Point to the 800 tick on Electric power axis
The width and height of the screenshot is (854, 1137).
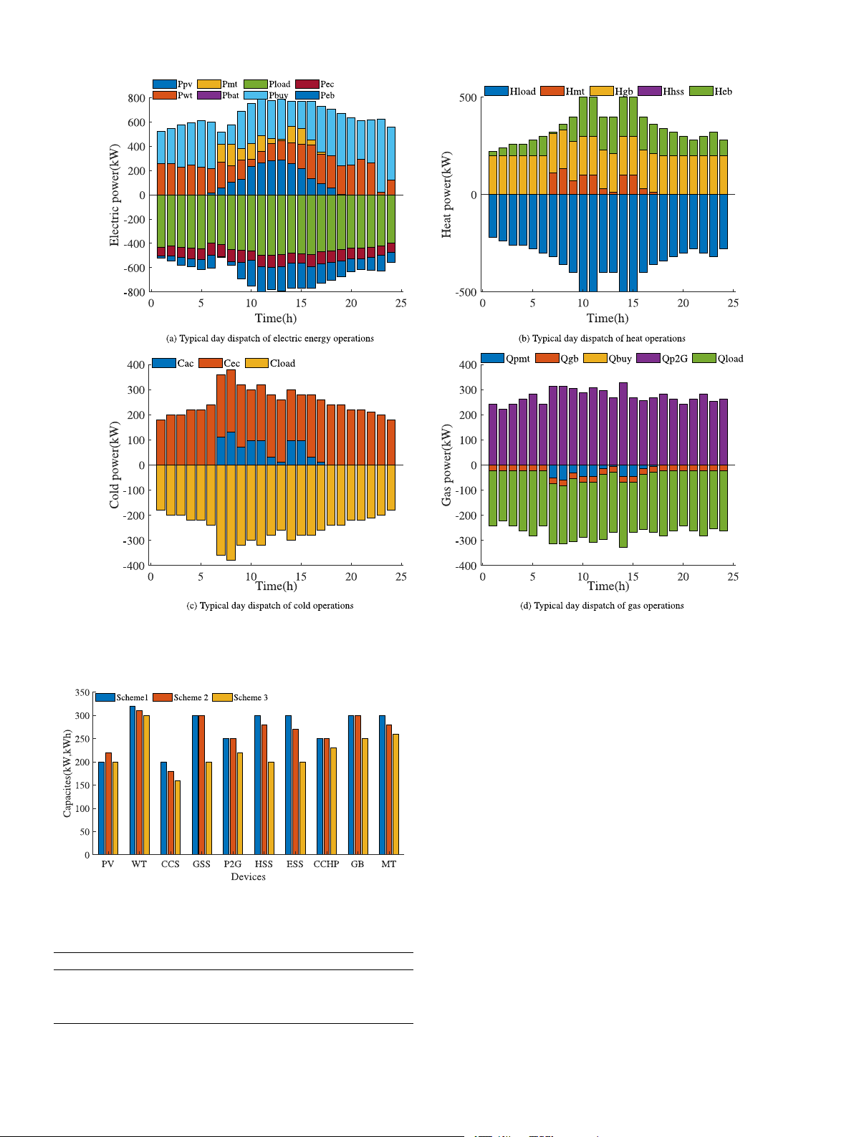(x=136, y=98)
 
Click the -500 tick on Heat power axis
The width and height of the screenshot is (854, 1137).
(x=467, y=292)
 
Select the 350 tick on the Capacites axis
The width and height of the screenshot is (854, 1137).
(x=82, y=693)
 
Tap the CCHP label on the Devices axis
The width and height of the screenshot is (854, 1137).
(x=326, y=864)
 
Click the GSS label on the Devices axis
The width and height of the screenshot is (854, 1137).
(x=201, y=864)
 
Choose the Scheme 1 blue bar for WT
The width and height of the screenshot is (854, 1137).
(x=133, y=780)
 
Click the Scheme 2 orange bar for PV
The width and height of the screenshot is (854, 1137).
(x=108, y=803)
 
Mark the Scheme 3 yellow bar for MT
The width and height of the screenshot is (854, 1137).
(x=395, y=794)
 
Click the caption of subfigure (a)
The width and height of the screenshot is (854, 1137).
(x=269, y=339)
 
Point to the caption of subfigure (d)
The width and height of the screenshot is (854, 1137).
(x=602, y=606)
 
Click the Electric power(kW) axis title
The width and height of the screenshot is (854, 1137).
(x=115, y=195)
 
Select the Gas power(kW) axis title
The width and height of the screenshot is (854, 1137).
(x=447, y=465)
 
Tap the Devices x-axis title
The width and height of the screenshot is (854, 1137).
(x=248, y=877)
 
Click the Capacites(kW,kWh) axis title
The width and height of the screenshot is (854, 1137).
(x=67, y=773)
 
